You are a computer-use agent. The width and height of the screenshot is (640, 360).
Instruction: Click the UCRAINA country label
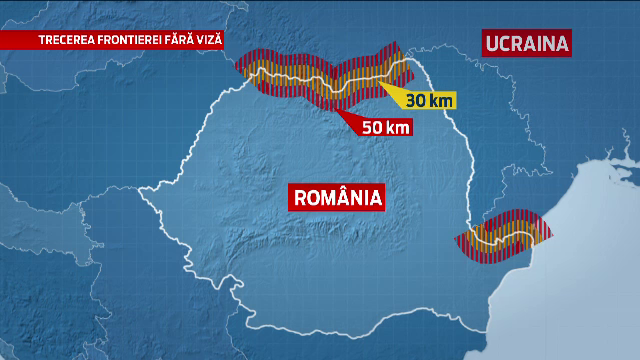coord(527,43)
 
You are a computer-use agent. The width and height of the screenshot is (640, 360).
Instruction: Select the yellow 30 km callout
coord(427,101)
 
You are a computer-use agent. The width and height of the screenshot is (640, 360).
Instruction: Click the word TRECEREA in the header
coord(68,40)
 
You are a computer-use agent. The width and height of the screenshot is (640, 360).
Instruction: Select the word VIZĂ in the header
coord(215,40)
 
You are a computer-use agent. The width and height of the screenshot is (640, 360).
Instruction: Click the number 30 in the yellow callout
coord(415,101)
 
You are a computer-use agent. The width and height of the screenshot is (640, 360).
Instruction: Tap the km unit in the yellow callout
coord(439,101)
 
